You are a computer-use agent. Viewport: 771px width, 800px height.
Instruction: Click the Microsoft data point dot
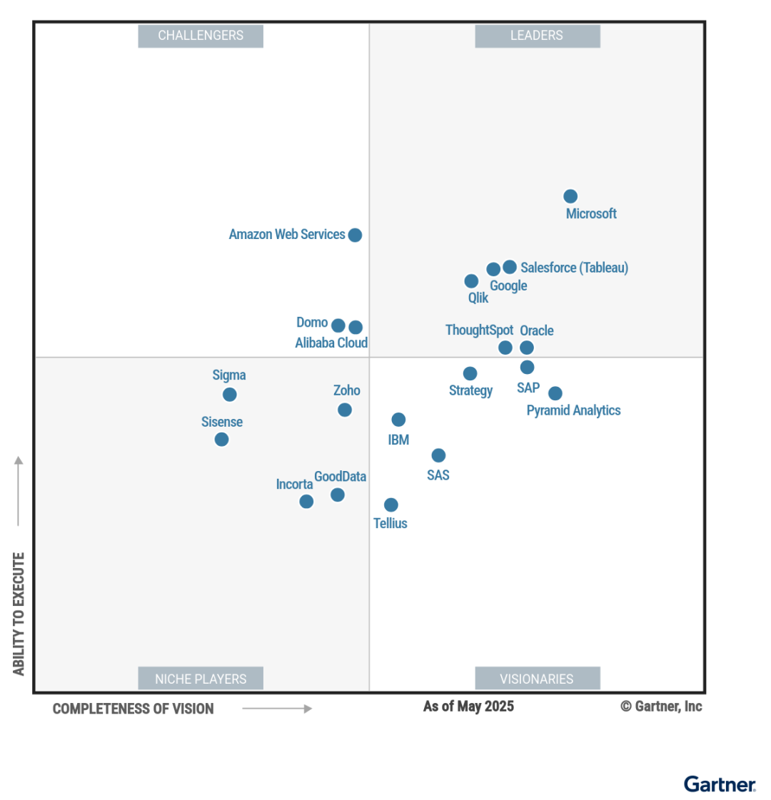[x=570, y=196]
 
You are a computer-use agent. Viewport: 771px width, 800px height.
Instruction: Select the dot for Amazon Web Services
[x=355, y=235]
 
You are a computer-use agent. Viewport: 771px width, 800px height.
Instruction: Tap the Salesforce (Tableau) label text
[x=574, y=268]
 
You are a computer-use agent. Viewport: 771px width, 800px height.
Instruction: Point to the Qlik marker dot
[x=471, y=281]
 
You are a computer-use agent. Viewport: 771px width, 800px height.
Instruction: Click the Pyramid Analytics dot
[x=555, y=393]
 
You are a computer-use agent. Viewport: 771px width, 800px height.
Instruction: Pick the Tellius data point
[x=391, y=505]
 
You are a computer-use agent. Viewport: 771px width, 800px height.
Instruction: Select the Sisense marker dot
[x=222, y=440]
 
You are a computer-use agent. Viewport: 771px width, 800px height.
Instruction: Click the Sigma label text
[x=229, y=375]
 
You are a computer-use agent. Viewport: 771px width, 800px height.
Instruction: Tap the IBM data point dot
[x=399, y=420]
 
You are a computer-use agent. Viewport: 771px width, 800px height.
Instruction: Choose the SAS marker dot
[x=439, y=455]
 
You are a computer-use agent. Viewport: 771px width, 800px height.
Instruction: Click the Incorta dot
[x=306, y=502]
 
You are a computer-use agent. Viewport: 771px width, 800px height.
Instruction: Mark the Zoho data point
[x=345, y=410]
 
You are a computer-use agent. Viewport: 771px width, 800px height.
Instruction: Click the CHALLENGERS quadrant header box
[x=201, y=36]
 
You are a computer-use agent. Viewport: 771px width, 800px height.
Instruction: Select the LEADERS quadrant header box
[x=537, y=36]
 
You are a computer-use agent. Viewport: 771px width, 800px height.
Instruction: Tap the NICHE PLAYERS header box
[x=201, y=679]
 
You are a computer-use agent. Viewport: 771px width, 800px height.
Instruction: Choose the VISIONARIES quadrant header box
[x=537, y=679]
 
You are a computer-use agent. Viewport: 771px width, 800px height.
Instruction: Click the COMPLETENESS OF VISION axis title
[x=133, y=709]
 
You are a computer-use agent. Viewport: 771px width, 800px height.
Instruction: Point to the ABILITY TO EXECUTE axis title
[x=19, y=614]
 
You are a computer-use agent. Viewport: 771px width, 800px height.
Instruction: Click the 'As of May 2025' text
[x=468, y=707]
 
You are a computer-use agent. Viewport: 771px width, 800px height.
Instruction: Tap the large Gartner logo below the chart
[x=720, y=784]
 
